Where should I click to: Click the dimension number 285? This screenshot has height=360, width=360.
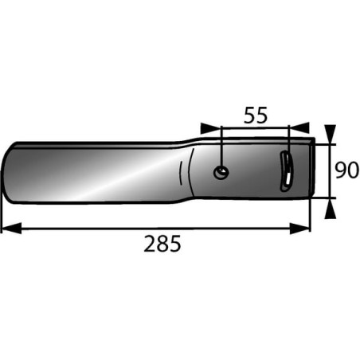(x=162, y=243)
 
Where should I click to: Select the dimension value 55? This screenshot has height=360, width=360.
(x=256, y=115)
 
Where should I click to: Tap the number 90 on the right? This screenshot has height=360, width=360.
(x=346, y=170)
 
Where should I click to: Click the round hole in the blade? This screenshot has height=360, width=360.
(x=221, y=173)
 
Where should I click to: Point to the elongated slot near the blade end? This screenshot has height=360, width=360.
(x=287, y=170)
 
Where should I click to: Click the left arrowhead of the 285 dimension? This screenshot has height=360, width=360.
(x=11, y=228)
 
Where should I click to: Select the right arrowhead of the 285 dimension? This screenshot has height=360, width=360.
(x=299, y=228)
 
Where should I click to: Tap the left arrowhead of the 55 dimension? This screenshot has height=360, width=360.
(x=210, y=127)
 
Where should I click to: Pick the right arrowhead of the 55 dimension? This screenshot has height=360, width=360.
(x=299, y=127)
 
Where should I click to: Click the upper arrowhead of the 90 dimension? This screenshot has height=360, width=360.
(x=331, y=135)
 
